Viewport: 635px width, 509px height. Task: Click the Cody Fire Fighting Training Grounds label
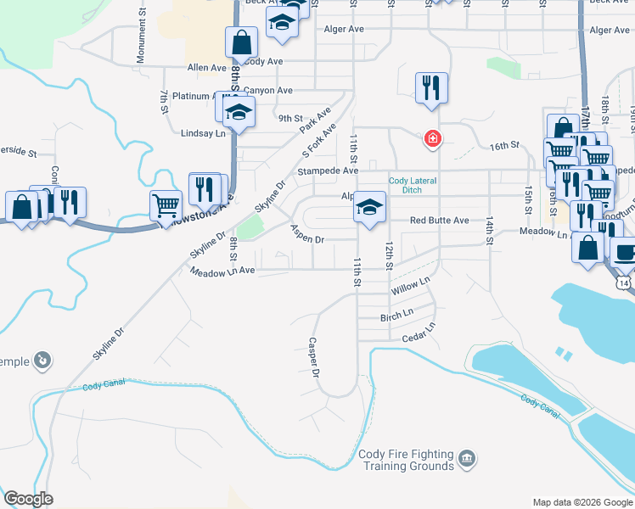[x=406, y=461]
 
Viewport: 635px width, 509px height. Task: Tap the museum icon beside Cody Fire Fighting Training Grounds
[x=466, y=460]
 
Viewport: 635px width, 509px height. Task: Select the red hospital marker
[x=432, y=137]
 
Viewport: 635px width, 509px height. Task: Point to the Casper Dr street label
[x=313, y=357]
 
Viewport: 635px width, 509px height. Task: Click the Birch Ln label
[x=396, y=315]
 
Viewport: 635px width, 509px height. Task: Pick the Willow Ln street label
[x=411, y=285]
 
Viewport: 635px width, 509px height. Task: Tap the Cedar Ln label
[x=419, y=333]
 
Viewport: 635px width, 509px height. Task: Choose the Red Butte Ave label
[x=439, y=221]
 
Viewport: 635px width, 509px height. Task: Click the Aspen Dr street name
[x=307, y=233]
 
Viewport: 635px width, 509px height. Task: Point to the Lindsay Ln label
[x=204, y=133]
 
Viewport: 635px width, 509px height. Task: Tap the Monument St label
[x=141, y=45]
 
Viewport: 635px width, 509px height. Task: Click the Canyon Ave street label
[x=267, y=91]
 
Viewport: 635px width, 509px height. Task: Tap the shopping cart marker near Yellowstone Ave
[x=166, y=204]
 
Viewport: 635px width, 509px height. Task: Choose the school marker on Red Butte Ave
[x=369, y=207]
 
